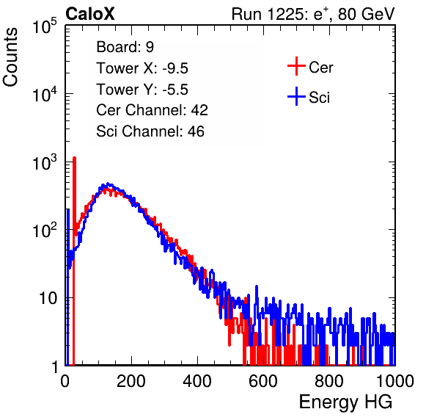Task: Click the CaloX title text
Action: pyautogui.click(x=89, y=14)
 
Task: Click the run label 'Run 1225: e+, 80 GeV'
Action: pyautogui.click(x=312, y=14)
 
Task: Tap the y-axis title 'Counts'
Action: pyautogui.click(x=10, y=57)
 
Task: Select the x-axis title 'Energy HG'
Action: pyautogui.click(x=345, y=402)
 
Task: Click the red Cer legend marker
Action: pyautogui.click(x=296, y=66)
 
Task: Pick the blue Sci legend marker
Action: pyautogui.click(x=296, y=96)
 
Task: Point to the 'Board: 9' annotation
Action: pyautogui.click(x=125, y=47)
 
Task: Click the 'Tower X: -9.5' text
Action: pyautogui.click(x=142, y=68)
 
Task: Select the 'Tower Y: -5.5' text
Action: pyautogui.click(x=142, y=90)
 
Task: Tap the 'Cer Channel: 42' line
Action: pyautogui.click(x=152, y=110)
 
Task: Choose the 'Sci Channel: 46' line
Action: pyautogui.click(x=150, y=131)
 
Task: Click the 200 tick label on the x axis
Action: pyautogui.click(x=131, y=381)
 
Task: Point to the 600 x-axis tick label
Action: pyautogui.click(x=263, y=381)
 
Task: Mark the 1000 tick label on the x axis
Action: pyautogui.click(x=394, y=381)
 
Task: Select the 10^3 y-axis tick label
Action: pyautogui.click(x=45, y=162)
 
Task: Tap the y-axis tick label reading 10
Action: pyautogui.click(x=48, y=298)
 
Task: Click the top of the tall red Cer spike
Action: pyautogui.click(x=74, y=158)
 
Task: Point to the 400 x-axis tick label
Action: pyautogui.click(x=197, y=381)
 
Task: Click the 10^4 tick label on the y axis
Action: pyautogui.click(x=45, y=94)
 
